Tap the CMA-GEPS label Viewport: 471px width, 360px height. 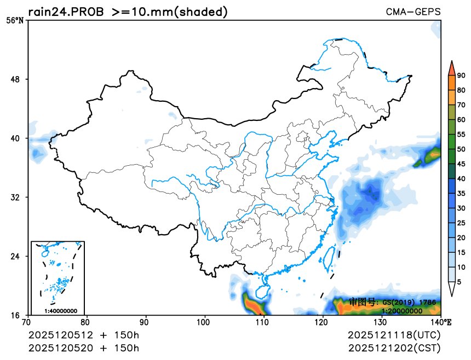tap(413, 11)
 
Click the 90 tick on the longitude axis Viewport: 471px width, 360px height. tap(146, 323)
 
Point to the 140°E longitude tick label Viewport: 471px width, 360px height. tap(441, 323)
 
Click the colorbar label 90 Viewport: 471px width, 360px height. tap(461, 76)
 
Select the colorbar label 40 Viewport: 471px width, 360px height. tap(461, 178)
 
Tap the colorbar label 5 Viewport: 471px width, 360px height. tap(459, 281)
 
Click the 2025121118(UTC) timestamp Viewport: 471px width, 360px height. tap(394, 335)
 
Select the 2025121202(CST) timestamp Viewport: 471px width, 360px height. tap(394, 347)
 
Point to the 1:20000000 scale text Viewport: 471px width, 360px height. tap(402, 311)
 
